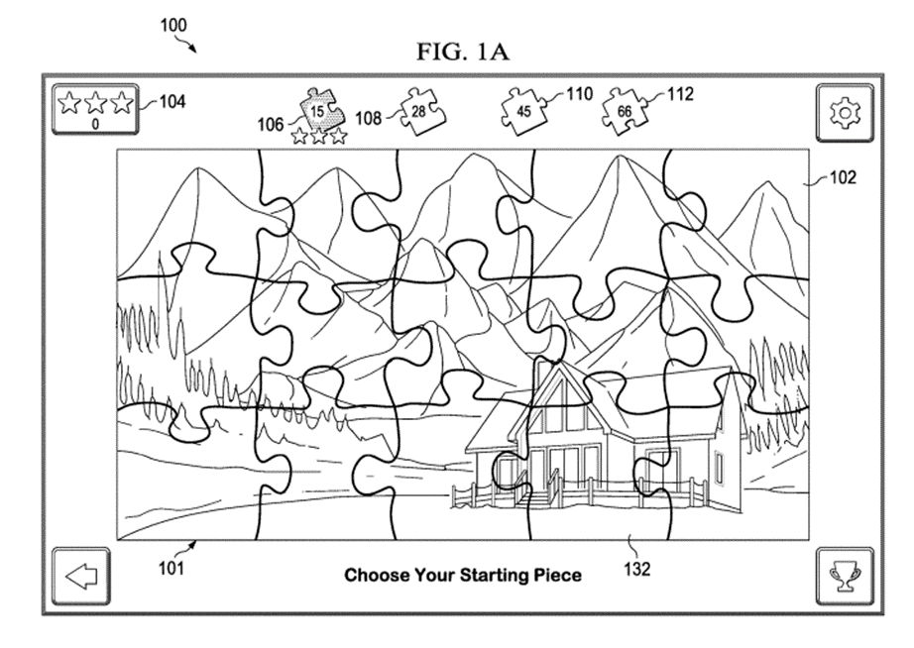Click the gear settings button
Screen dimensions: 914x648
coord(845,113)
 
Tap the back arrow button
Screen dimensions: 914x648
coord(81,577)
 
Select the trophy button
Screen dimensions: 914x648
coord(845,577)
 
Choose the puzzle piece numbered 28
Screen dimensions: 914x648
coord(421,111)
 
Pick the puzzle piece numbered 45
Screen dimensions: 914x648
coord(524,111)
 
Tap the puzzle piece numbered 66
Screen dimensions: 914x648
coord(625,111)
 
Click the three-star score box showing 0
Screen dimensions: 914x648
coord(95,110)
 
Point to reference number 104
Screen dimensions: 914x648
coord(172,102)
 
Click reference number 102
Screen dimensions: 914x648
coord(843,177)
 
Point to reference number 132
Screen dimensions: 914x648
coord(637,569)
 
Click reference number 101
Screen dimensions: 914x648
coord(171,568)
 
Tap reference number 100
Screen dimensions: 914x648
coord(173,26)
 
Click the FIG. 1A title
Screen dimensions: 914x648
coord(463,52)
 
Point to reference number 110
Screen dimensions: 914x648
coord(579,94)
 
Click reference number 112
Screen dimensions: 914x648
coord(680,94)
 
